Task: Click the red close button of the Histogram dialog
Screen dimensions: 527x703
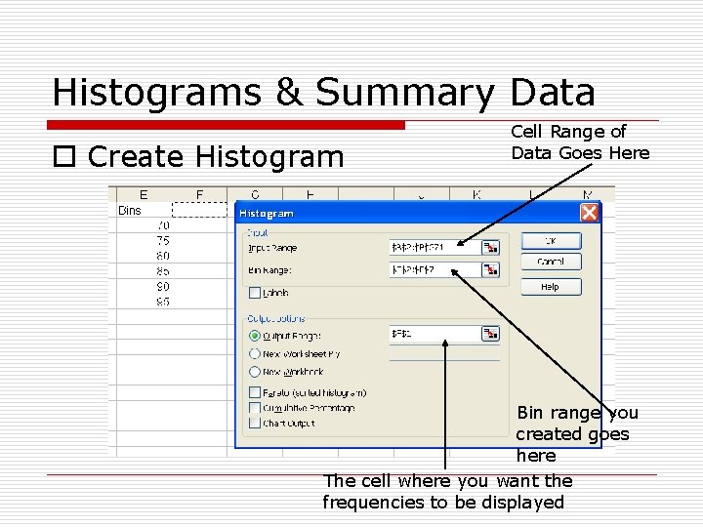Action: coord(589,213)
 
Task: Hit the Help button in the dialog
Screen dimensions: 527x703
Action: coord(550,287)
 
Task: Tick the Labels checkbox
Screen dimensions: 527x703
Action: coord(255,293)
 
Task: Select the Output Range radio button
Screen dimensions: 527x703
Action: coord(255,336)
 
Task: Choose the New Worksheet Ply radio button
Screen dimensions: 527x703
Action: coord(255,354)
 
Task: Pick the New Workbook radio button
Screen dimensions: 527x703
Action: coord(255,372)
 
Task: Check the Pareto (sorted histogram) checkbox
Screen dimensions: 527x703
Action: coord(255,392)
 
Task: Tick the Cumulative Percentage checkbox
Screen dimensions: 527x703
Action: coord(255,408)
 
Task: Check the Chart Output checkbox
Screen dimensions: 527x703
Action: coord(255,424)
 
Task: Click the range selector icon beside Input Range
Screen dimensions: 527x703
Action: coord(490,248)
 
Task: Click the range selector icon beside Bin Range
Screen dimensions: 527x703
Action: coord(490,270)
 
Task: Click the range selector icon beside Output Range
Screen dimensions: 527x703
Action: coord(490,334)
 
